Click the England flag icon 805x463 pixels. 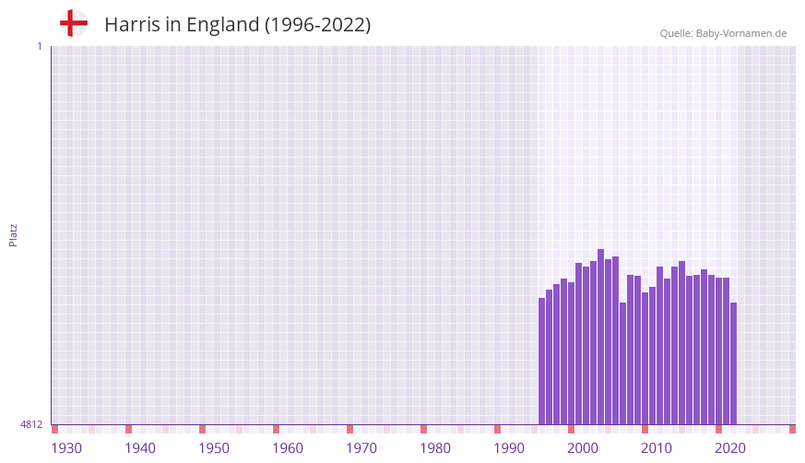[x=74, y=23]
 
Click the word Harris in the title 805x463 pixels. [x=132, y=25]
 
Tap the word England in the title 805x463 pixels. [x=222, y=25]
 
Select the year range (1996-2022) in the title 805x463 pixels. [x=317, y=25]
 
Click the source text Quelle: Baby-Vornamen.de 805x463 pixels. [x=723, y=33]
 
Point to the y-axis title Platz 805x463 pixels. [x=13, y=235]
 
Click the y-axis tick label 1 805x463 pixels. [x=39, y=46]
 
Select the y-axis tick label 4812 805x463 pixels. [x=30, y=425]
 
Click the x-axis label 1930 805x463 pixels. [x=66, y=448]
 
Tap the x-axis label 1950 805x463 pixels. [x=214, y=448]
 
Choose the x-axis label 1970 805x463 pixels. [x=361, y=448]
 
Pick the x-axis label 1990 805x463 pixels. [x=509, y=448]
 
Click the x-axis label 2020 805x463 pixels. [x=730, y=448]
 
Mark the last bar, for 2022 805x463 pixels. [x=734, y=363]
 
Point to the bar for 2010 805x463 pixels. [x=645, y=359]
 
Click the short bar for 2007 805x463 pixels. [x=623, y=363]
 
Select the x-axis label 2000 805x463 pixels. [x=583, y=448]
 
